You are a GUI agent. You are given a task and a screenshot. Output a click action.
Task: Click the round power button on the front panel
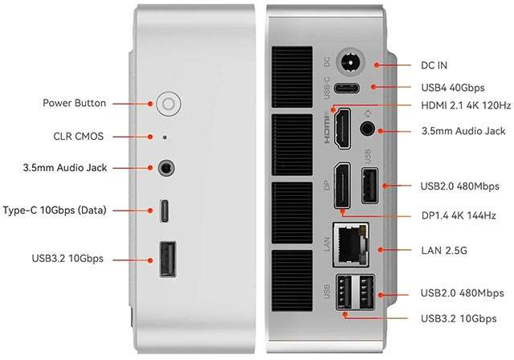(x=168, y=104)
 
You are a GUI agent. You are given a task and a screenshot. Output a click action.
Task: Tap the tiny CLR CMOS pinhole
(x=165, y=137)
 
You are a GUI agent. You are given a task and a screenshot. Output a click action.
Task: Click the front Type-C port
(x=165, y=211)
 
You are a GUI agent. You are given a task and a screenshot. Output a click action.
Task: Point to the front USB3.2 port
(x=167, y=259)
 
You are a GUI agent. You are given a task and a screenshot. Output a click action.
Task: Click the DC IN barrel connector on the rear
(x=349, y=62)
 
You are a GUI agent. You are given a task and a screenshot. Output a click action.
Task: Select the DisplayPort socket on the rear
(x=341, y=186)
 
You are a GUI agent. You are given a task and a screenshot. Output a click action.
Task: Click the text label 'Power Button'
(x=75, y=104)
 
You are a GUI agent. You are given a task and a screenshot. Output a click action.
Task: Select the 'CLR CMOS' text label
(x=78, y=136)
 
